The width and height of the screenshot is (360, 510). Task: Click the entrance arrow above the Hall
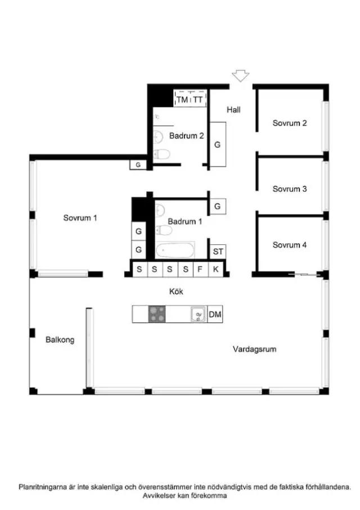point(240,76)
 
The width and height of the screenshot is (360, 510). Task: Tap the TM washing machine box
point(182,99)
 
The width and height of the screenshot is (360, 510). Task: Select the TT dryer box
point(198,99)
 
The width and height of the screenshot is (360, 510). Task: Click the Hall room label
point(233,110)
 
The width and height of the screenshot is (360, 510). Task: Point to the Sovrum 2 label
point(290,123)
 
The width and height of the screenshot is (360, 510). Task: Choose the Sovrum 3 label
point(290,189)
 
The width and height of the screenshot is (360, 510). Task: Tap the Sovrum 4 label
point(290,245)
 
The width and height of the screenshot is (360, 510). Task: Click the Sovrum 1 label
point(80,218)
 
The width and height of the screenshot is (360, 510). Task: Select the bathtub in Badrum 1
point(175,250)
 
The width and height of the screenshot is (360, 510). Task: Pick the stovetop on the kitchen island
point(157,314)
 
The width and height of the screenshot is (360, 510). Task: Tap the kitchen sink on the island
point(199,314)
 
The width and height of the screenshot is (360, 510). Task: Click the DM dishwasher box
point(215,314)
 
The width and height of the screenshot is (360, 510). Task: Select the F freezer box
point(200,269)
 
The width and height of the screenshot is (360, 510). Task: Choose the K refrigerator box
point(216,269)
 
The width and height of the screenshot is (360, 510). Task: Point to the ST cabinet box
point(218,252)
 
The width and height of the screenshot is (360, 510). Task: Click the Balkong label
point(60,340)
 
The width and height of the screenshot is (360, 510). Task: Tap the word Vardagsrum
point(254,350)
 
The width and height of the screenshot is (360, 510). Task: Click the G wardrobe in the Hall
point(218,145)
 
